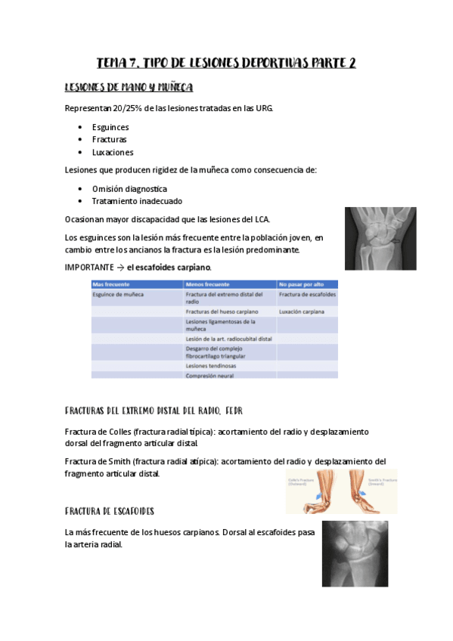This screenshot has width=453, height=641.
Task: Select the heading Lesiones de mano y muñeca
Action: (x=129, y=87)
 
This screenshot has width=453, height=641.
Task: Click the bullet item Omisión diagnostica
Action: (x=129, y=188)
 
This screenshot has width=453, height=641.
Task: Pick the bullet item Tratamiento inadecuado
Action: (x=136, y=201)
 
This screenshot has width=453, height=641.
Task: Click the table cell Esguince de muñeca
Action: (x=117, y=293)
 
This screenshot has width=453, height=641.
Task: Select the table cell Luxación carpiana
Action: (x=303, y=311)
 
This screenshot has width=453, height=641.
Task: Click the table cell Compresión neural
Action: (x=209, y=375)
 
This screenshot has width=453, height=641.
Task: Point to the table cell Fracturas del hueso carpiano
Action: (x=222, y=311)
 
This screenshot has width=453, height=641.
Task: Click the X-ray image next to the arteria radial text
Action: (x=355, y=554)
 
